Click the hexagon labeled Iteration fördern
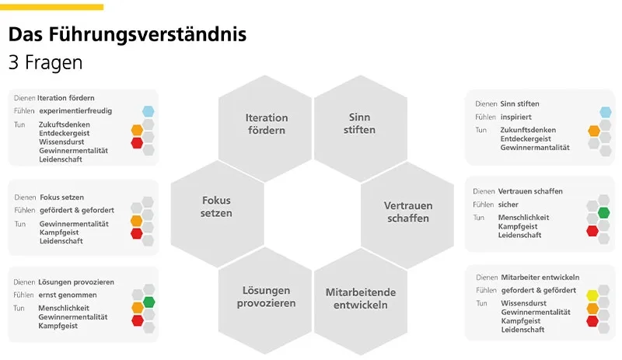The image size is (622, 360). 266,124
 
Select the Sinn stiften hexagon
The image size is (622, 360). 358,124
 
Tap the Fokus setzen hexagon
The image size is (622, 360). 216,207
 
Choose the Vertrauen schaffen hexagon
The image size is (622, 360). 407,212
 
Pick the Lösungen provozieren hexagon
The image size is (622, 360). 266,296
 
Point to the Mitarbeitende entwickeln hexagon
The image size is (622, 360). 360,298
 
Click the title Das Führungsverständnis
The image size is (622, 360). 128,35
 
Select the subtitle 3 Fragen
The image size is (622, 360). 45,62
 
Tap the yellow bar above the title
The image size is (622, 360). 51,7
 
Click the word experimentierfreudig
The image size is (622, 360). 75,111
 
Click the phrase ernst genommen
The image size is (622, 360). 68,295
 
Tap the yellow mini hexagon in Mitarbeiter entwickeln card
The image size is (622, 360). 592,295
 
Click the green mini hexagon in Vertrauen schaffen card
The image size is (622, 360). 603,212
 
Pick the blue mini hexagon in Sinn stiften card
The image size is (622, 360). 605,112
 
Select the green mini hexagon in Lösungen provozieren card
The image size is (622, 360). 149,302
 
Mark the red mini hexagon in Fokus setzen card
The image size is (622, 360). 137,233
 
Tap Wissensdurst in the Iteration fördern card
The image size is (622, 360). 65,142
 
